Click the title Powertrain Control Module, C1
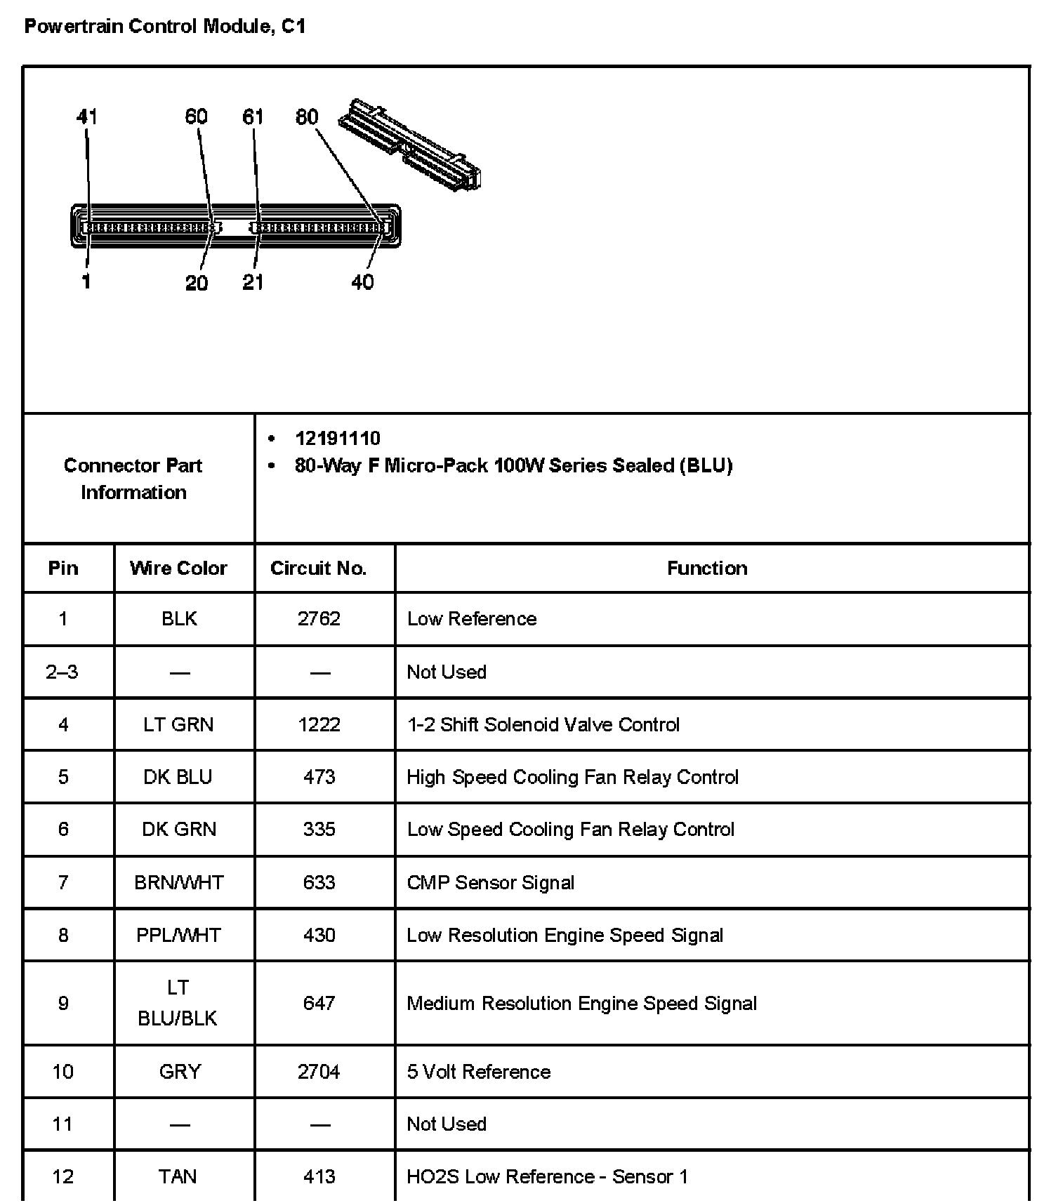[165, 27]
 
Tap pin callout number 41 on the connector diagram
[87, 117]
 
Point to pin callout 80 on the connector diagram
[307, 117]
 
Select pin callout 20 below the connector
[197, 282]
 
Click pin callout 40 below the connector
[362, 282]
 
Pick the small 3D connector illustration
[409, 145]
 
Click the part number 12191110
[338, 439]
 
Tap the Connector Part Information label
[133, 479]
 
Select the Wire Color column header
[178, 568]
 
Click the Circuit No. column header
[319, 568]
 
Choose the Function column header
[707, 568]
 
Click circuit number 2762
[319, 618]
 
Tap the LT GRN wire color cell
[178, 724]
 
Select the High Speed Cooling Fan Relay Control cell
[572, 777]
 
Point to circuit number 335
[319, 829]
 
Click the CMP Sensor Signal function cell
[490, 882]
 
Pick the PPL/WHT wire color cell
[178, 935]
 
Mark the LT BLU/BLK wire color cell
[178, 1003]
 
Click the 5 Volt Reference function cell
[478, 1072]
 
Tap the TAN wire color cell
[178, 1176]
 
